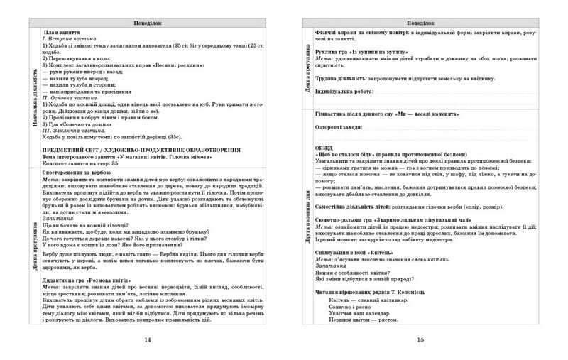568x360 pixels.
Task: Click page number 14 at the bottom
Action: (147, 339)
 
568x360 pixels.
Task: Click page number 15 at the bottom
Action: (420, 339)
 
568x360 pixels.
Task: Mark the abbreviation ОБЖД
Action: (323, 148)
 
